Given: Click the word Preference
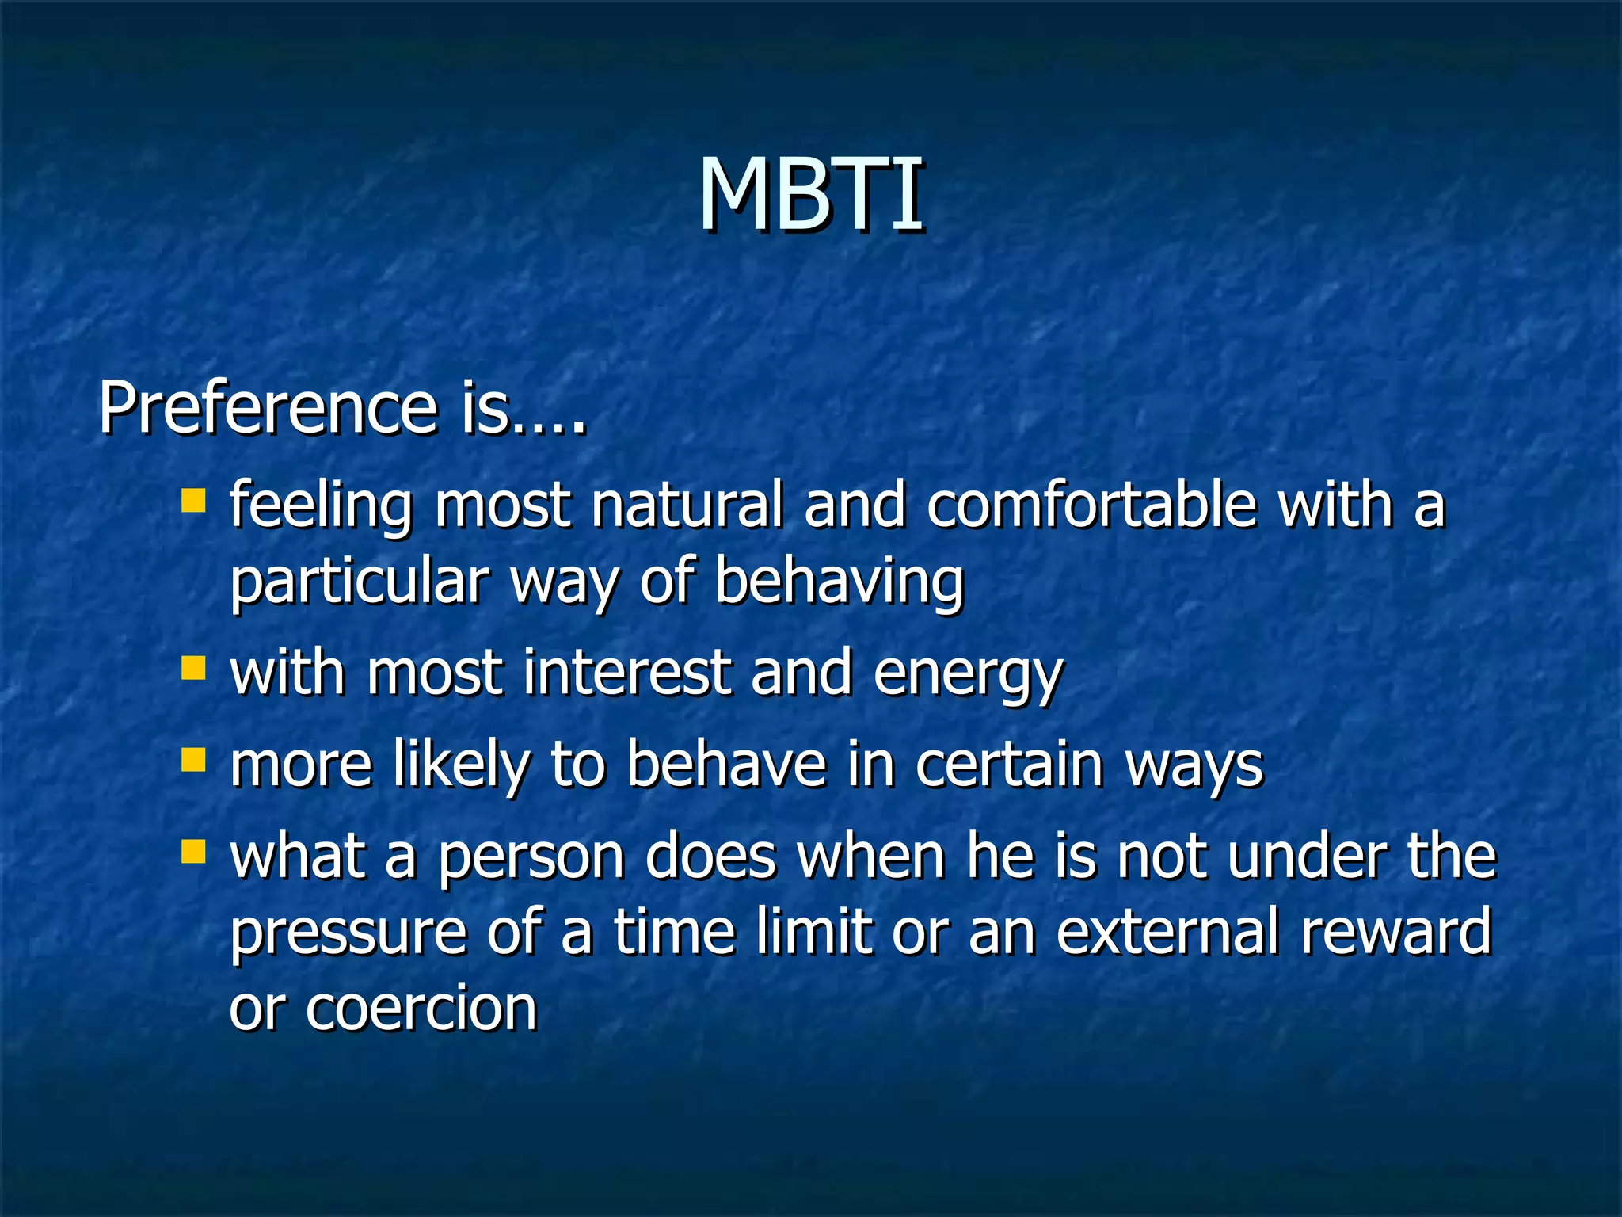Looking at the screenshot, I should click(x=268, y=409).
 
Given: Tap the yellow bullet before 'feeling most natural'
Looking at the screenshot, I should click(x=193, y=501).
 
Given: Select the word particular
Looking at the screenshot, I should click(x=359, y=582).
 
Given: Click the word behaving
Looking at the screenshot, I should click(x=840, y=582).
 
